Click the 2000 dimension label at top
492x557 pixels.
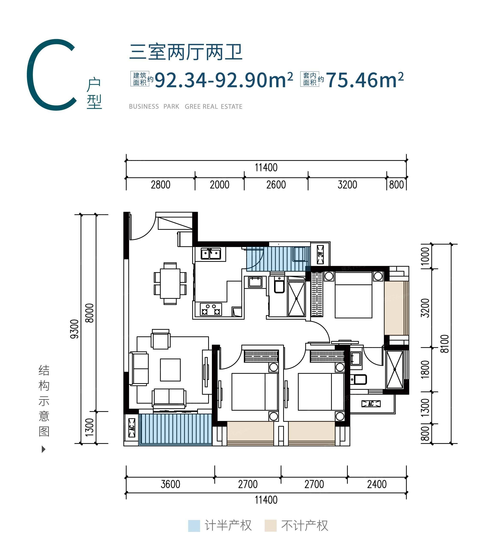[x=219, y=185]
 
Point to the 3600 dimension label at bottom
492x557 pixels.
[x=170, y=484]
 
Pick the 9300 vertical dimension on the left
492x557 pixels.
[x=74, y=329]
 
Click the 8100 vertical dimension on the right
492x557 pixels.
[x=444, y=344]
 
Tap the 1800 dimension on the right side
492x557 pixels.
[x=425, y=369]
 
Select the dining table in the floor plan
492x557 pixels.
[x=170, y=283]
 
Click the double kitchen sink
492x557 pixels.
[x=211, y=254]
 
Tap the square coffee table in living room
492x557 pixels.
[x=170, y=370]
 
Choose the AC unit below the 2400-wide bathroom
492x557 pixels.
[x=371, y=404]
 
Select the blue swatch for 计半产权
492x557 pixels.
[x=194, y=526]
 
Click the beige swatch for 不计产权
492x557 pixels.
[x=270, y=526]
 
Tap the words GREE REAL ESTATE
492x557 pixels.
[x=213, y=107]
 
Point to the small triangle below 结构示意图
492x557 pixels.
[x=43, y=449]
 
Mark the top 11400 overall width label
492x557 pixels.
[x=266, y=168]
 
